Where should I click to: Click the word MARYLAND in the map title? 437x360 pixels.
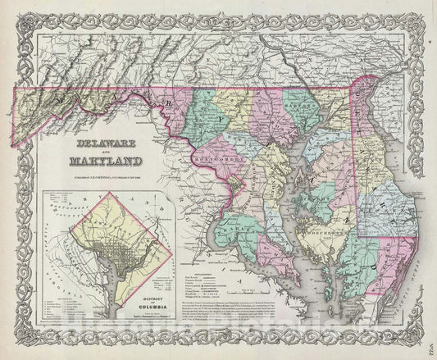(x=104, y=162)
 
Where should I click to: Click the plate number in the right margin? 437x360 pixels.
(x=430, y=326)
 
